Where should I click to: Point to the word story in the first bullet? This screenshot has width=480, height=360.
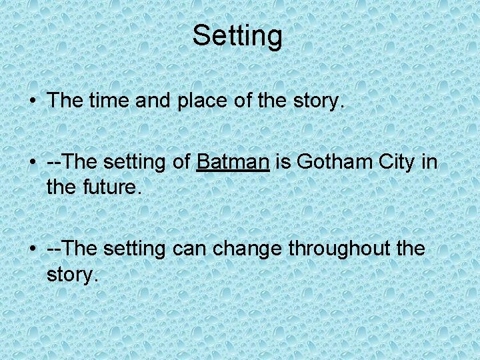pos(315,101)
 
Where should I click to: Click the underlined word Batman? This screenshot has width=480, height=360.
pos(233,161)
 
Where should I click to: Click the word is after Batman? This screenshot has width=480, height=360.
pos(283,161)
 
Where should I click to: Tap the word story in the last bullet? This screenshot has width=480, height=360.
pos(70,274)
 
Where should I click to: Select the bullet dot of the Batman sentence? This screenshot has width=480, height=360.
pos(33,162)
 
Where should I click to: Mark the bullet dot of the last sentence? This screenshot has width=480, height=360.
pos(33,249)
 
